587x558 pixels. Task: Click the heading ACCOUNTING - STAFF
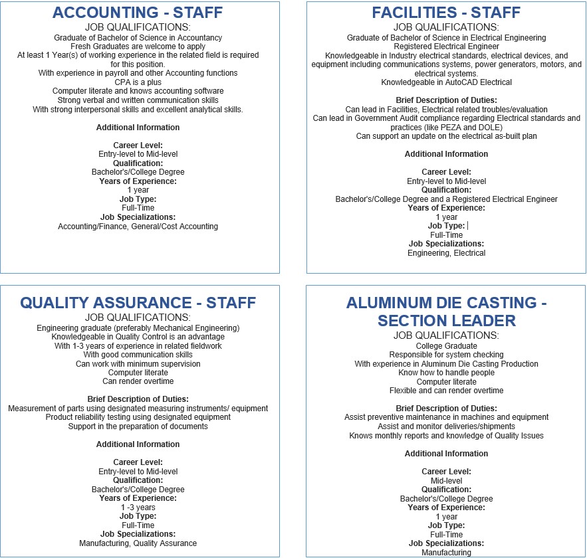(138, 13)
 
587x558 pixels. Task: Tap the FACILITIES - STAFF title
(446, 13)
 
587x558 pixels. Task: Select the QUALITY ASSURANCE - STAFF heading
(138, 303)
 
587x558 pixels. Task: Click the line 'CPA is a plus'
(138, 82)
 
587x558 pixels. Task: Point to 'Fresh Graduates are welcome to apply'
(138, 46)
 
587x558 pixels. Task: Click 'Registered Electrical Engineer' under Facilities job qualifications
(446, 46)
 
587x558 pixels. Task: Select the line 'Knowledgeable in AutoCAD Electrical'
(446, 82)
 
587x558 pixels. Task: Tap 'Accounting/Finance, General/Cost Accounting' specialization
(138, 227)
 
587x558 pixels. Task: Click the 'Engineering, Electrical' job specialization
(446, 253)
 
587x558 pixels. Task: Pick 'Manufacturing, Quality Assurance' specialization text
(138, 543)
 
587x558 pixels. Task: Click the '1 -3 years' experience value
(138, 508)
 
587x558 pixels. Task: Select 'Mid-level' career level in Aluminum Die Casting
(446, 481)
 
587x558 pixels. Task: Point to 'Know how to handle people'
(446, 373)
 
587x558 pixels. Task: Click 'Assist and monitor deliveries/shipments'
(446, 426)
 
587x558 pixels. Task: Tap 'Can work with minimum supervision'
(138, 364)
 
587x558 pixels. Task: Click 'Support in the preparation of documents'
(138, 426)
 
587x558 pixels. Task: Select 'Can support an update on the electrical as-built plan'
(446, 136)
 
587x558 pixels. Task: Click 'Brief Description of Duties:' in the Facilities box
(446, 100)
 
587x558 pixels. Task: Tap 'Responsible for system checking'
(446, 355)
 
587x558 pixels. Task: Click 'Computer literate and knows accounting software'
(138, 91)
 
